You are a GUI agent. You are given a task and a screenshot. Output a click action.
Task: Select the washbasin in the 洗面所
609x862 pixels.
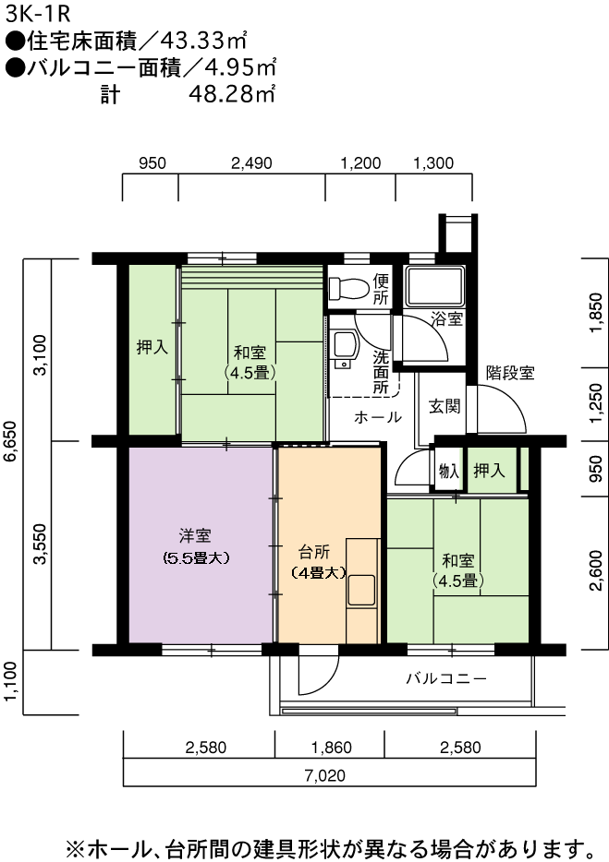click(346, 350)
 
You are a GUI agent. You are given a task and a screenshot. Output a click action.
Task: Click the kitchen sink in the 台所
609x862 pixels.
click(361, 590)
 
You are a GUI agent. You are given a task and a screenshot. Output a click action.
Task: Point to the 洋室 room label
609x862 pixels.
click(196, 535)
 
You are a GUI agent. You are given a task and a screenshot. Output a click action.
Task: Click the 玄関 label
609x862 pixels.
click(445, 406)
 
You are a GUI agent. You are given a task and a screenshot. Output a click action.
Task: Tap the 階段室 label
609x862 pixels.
click(510, 373)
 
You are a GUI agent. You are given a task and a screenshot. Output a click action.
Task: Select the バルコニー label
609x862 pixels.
click(446, 678)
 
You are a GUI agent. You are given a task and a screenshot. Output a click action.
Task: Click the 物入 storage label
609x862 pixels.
click(449, 471)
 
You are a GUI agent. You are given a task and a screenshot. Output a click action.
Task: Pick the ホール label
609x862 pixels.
click(378, 417)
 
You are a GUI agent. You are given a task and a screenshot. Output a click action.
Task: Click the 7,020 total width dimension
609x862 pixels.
click(325, 775)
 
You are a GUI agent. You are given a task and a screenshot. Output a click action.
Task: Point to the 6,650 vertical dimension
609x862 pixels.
click(12, 444)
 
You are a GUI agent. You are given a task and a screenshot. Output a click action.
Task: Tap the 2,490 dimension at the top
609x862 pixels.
click(251, 163)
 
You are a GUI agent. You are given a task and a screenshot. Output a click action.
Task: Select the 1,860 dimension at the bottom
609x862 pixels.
click(332, 748)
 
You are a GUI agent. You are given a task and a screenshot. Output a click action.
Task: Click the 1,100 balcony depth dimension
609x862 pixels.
click(12, 682)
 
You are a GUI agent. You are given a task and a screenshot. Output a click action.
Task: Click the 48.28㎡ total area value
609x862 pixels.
click(232, 94)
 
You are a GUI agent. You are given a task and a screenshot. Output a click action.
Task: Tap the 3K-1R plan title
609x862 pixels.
click(39, 14)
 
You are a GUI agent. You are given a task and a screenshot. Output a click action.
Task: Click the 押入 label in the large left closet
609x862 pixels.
click(152, 347)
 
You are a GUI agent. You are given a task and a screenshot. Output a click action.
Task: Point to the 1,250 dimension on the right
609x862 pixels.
click(596, 404)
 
